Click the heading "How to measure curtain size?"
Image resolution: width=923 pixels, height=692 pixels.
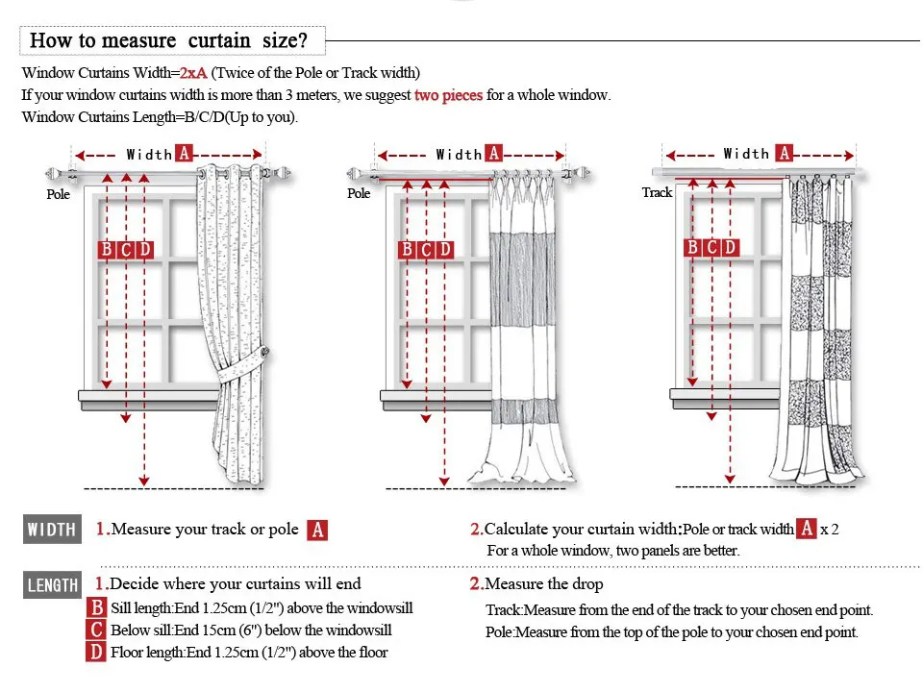(168, 40)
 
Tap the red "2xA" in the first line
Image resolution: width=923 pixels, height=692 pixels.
(193, 73)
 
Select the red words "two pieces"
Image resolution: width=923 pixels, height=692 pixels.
(448, 95)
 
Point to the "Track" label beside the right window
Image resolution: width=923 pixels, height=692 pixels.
(657, 192)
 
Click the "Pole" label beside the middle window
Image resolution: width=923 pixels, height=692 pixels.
(359, 193)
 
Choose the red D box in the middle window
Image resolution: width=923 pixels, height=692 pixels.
(444, 250)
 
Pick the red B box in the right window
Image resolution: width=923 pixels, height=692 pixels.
(691, 247)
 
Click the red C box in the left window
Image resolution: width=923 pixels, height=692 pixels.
(126, 250)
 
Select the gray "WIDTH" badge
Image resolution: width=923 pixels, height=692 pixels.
(52, 530)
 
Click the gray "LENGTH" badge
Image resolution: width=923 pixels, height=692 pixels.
(53, 585)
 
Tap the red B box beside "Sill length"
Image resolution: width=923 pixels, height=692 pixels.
(96, 608)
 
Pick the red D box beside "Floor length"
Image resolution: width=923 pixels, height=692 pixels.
(96, 653)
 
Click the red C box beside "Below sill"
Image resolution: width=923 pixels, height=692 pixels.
(96, 630)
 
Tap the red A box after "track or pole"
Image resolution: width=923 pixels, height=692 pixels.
(317, 530)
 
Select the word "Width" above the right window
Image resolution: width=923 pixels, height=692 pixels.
(746, 154)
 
